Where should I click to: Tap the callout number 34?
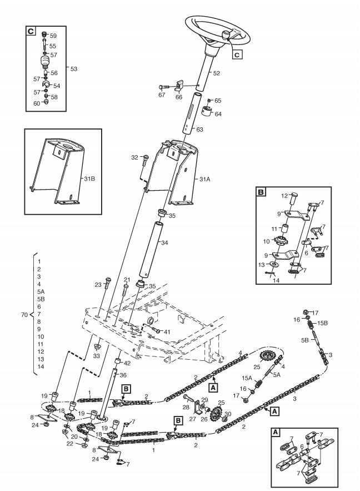coord(163,242)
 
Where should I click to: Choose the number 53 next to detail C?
coord(74,68)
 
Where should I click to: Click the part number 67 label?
coord(162,95)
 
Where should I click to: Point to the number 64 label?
coord(218,114)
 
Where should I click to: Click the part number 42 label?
coord(127,363)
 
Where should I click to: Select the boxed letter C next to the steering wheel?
coord(236,54)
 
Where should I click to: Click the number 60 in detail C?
coord(37,103)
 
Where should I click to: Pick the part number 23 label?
coord(98,285)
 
